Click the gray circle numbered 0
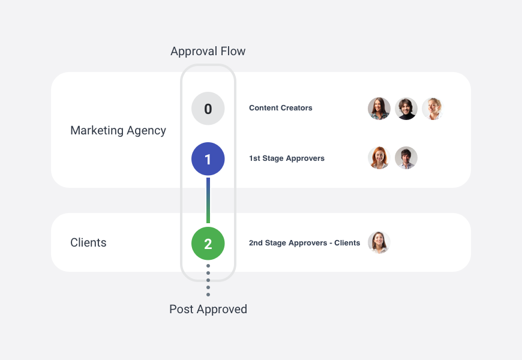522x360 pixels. tap(208, 109)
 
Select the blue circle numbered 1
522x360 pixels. tap(208, 159)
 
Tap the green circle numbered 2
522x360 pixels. tap(208, 244)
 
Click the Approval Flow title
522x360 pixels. tap(208, 52)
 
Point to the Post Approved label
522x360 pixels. tap(208, 310)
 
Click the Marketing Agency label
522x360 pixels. tap(118, 130)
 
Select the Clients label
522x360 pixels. tap(88, 243)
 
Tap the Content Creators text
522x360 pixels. tap(281, 108)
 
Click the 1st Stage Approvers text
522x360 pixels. tap(287, 158)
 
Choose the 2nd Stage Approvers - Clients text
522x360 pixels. tap(304, 243)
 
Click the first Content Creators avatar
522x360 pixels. tap(379, 109)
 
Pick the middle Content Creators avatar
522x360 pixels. tap(406, 109)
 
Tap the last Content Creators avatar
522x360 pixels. tap(433, 109)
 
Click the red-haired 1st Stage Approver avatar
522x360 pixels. tap(379, 158)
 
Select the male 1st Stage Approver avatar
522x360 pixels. tap(406, 158)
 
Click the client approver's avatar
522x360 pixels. tap(379, 242)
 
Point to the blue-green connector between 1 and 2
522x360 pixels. tap(208, 200)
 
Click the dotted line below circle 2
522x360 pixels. tap(208, 280)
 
